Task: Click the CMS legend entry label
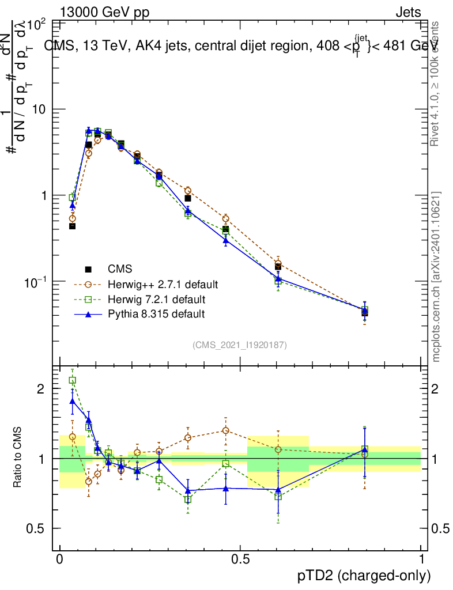click(x=120, y=268)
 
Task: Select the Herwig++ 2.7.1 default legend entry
click(x=163, y=285)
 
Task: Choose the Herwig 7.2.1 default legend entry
click(x=156, y=300)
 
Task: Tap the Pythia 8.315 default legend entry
click(x=156, y=314)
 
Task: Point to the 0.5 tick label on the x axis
click(x=240, y=559)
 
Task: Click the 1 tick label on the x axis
click(x=421, y=559)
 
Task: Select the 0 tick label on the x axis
click(x=59, y=559)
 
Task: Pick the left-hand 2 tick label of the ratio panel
click(x=41, y=389)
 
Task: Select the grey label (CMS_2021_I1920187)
click(x=240, y=345)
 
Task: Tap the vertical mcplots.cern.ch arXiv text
click(x=437, y=277)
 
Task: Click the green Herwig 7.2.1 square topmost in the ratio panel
click(x=73, y=380)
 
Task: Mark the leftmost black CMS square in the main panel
click(x=73, y=226)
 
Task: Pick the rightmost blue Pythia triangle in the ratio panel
click(x=365, y=449)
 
